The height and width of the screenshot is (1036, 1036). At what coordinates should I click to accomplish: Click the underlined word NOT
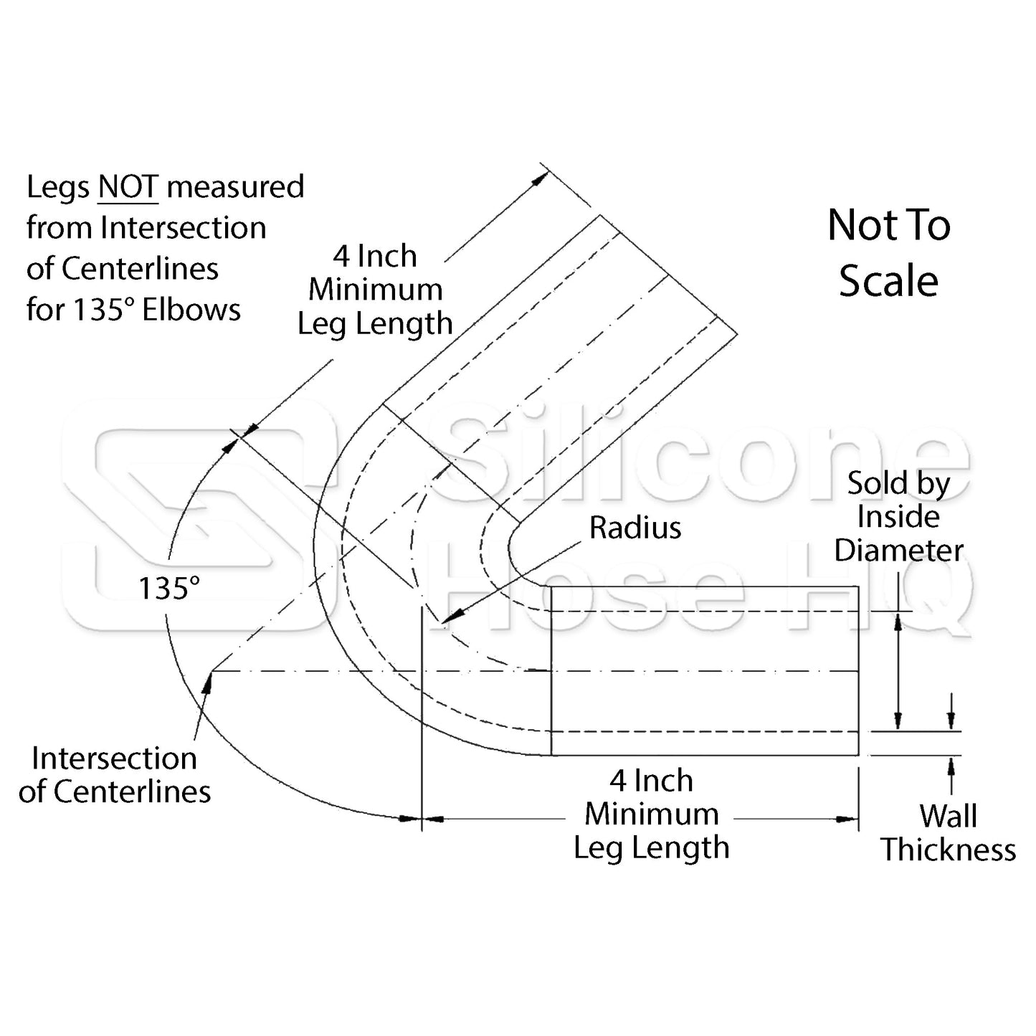coord(128,187)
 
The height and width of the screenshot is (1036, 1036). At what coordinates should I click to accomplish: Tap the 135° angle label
coord(168,589)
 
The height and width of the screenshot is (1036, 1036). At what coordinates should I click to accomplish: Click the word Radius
coord(635,528)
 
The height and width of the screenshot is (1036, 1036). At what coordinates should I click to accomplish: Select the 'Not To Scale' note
coord(888,252)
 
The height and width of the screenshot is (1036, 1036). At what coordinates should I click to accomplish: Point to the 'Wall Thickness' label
coord(948,833)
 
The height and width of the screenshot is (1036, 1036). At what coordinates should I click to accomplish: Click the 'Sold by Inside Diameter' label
coord(898,517)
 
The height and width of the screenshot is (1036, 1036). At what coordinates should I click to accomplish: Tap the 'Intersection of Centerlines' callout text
coord(115,775)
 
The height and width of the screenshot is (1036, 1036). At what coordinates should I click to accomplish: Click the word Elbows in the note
coord(191,310)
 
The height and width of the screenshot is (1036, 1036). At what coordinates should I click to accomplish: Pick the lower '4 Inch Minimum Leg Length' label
coord(651,814)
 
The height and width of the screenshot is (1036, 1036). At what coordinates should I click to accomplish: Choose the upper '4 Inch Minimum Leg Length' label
coord(375,290)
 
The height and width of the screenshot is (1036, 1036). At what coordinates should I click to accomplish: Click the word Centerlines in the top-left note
coord(141,269)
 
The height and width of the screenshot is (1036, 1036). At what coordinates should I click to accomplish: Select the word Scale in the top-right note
coord(888,280)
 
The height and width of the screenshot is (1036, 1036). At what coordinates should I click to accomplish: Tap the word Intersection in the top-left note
coord(184,228)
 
